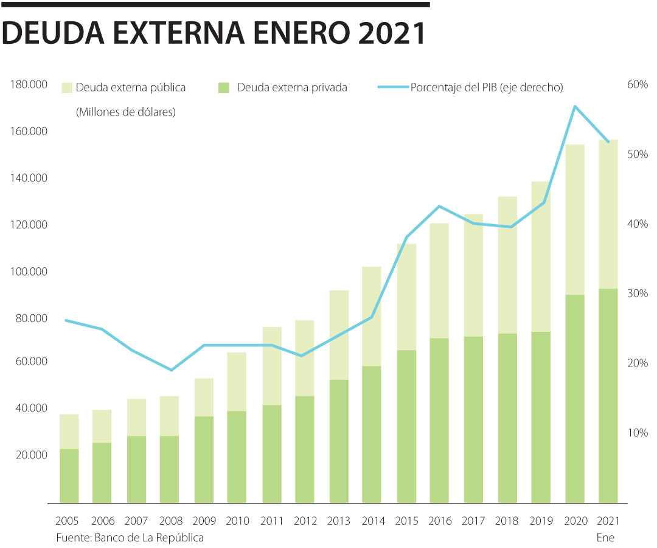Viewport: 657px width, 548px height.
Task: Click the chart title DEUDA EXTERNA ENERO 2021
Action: tap(214, 35)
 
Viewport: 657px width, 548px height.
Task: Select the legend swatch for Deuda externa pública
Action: tap(66, 88)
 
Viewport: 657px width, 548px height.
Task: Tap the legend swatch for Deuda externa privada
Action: tap(223, 88)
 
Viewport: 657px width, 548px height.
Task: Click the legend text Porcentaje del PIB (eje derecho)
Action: tap(487, 88)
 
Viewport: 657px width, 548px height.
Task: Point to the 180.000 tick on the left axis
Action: tap(29, 85)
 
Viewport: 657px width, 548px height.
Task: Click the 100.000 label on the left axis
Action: tap(29, 272)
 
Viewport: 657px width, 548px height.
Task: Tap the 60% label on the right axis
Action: tap(637, 85)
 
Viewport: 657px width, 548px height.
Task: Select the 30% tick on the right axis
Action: tap(637, 293)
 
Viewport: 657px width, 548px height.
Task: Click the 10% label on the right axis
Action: tap(637, 433)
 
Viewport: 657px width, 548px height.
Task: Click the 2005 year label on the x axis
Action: tap(66, 521)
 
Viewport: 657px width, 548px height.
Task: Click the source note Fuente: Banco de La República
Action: tap(130, 538)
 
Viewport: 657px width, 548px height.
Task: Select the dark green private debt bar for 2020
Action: tap(575, 399)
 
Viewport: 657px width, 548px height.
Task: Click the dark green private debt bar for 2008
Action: tap(170, 469)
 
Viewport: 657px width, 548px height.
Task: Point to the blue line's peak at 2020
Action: tap(575, 107)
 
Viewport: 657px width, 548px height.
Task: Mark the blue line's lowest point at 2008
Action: tap(172, 370)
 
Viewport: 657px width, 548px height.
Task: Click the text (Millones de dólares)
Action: tap(125, 113)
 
